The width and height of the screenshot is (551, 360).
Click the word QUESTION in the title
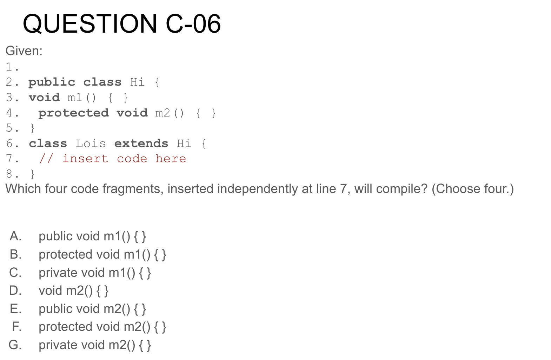[90, 24]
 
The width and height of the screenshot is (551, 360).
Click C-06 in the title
[193, 24]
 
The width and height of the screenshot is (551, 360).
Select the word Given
[23, 51]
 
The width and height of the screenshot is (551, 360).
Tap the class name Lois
[91, 144]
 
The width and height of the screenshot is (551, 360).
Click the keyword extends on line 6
[141, 144]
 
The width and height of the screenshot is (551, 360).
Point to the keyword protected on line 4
[73, 113]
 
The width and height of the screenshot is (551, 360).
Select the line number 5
[9, 128]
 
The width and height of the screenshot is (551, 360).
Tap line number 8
[9, 174]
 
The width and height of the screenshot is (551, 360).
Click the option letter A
[15, 236]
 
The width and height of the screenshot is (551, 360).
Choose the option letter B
[15, 254]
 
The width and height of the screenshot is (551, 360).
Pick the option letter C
[15, 273]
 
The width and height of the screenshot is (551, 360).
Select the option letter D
[15, 291]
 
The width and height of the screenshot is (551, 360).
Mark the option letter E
[15, 309]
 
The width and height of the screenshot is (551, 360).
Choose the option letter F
[16, 327]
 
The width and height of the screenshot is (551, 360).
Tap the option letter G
[15, 345]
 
